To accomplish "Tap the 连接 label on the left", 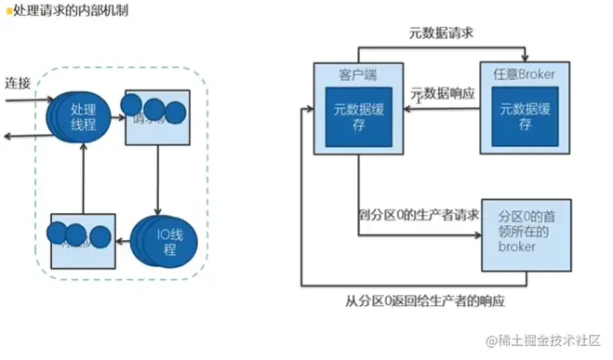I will point(18,82).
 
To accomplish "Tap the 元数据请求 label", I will point(443,33).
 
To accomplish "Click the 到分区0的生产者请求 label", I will point(419,215).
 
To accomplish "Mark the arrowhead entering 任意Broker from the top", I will point(526,59).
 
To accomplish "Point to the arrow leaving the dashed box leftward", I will point(9,136).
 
